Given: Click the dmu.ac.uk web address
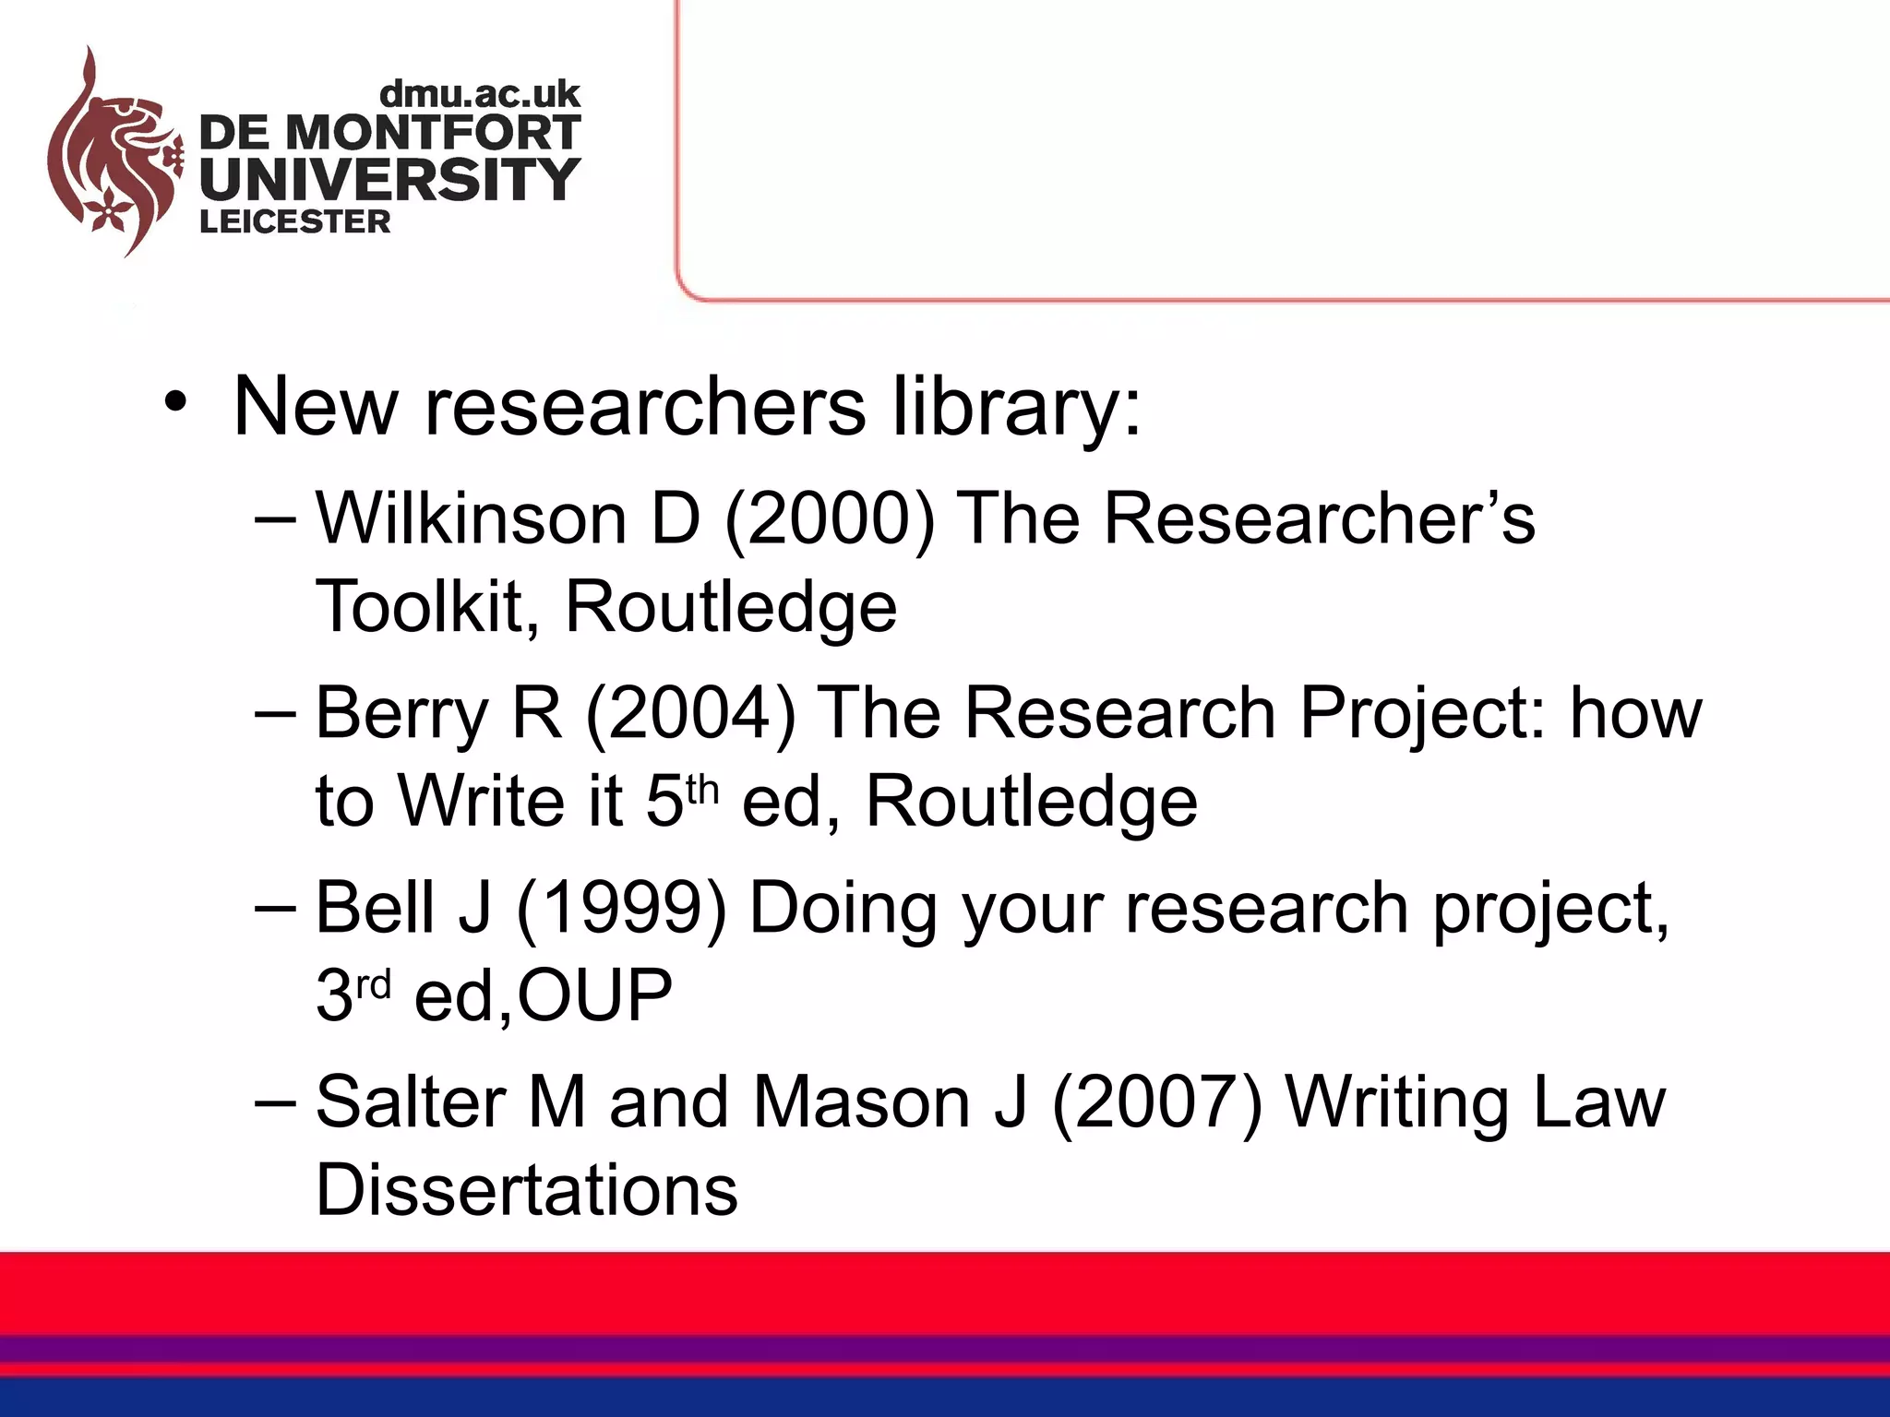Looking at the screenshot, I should (x=480, y=94).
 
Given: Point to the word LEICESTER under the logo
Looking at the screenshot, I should (x=295, y=222).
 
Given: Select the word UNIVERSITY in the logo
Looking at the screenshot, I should (x=389, y=178).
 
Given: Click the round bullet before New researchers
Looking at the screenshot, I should (x=176, y=404).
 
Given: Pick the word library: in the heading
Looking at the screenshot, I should (x=1016, y=408).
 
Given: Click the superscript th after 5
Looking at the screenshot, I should (x=701, y=790).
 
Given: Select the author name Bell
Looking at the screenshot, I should (x=375, y=908).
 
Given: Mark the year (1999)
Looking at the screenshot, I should (x=622, y=910).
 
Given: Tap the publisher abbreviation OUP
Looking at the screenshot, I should (x=594, y=995).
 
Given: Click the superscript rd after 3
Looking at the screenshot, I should (x=374, y=985).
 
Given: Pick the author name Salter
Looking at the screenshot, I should (x=410, y=1102).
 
